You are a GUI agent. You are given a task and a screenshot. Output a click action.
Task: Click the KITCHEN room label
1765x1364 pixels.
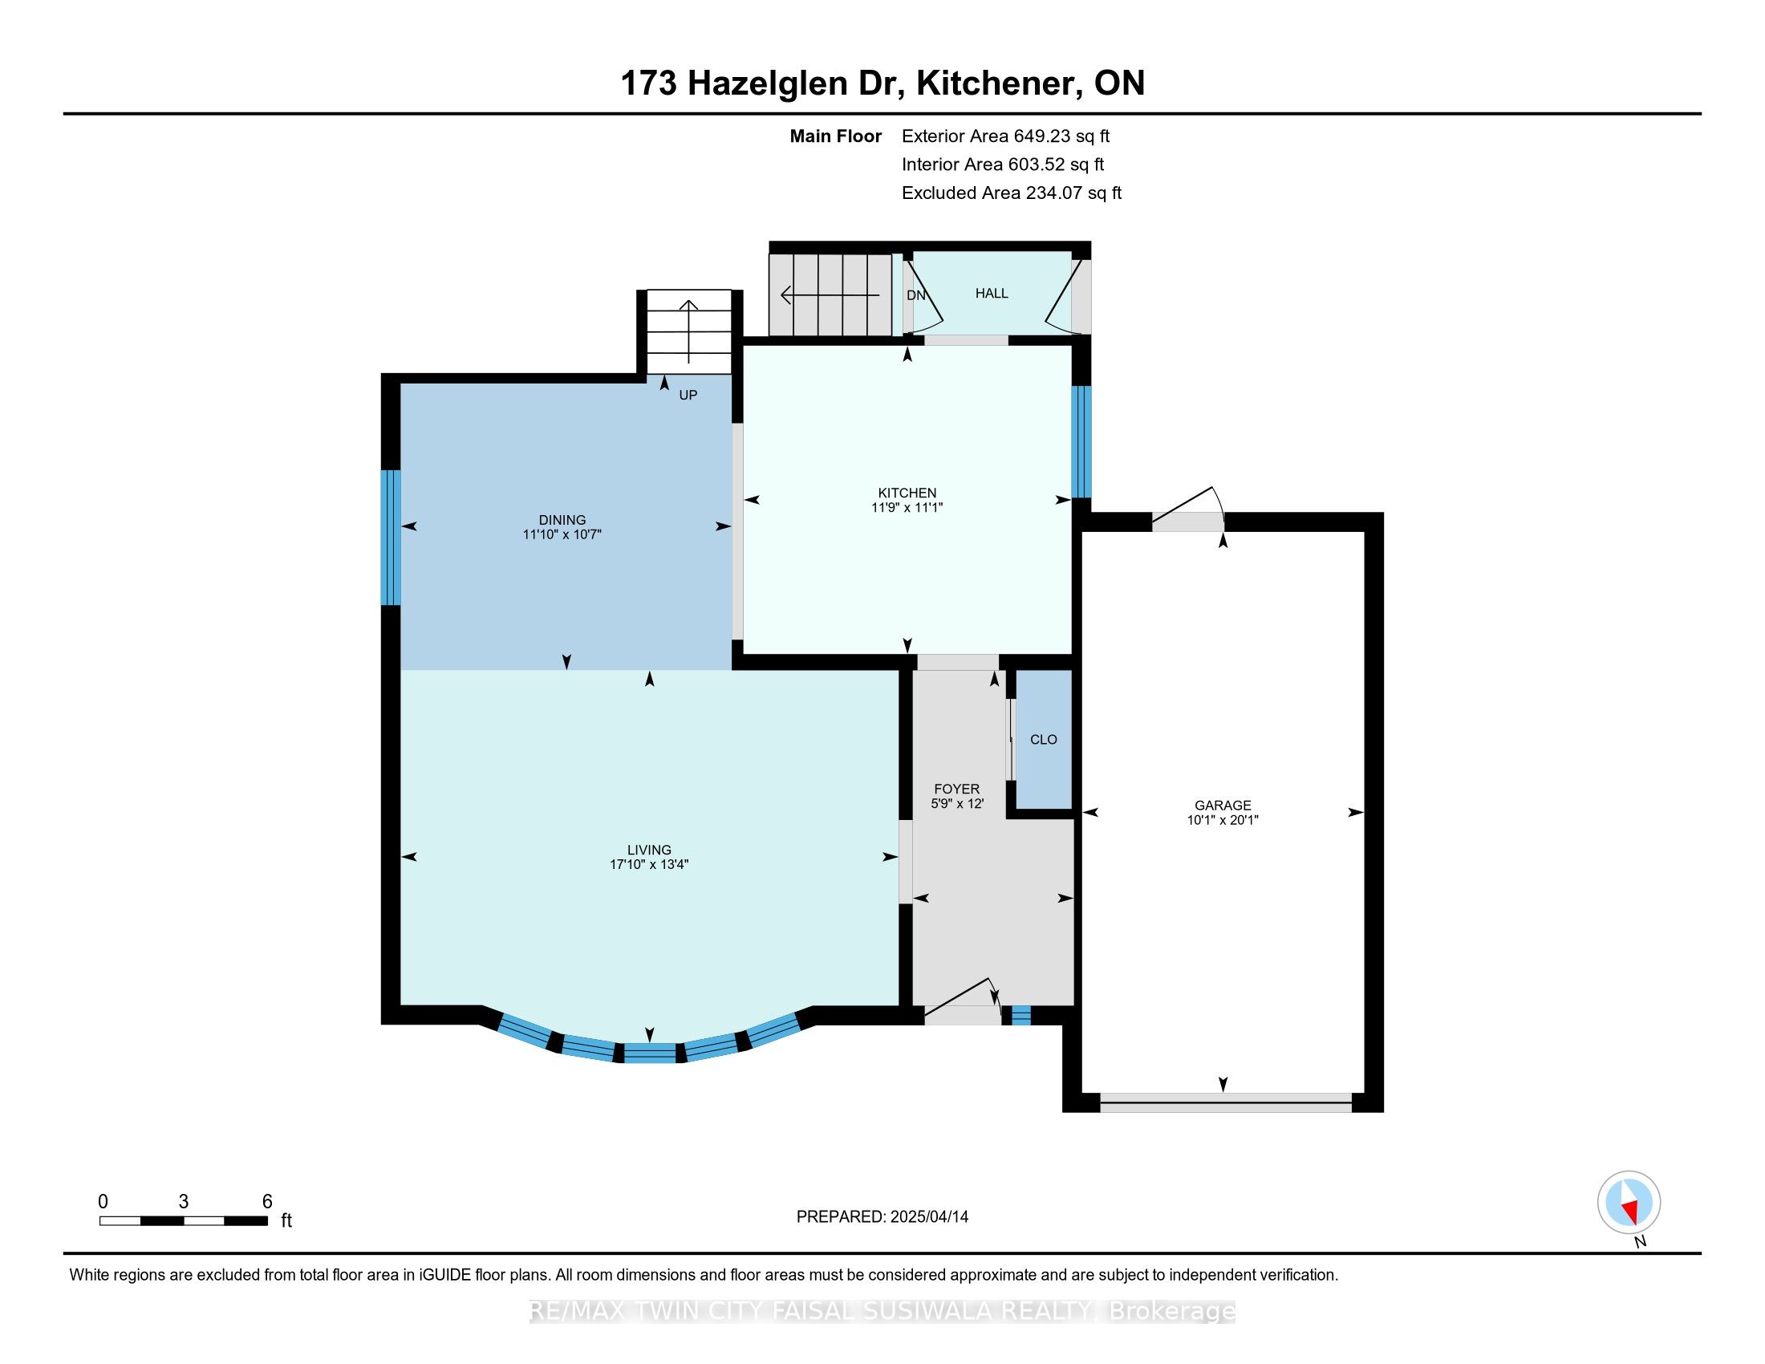coord(907,492)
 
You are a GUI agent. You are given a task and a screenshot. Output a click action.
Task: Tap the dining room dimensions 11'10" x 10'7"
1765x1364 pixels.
coord(562,534)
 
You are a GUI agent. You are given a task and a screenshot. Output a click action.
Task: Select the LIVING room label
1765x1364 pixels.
coord(649,849)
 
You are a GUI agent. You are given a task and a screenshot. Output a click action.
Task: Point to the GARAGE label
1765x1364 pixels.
coord(1222,805)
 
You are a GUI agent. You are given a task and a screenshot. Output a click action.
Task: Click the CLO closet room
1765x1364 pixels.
coord(1043,740)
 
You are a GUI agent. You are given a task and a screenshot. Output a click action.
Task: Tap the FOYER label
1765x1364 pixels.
coord(956,789)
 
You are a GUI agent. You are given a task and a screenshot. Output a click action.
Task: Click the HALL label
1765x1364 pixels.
coord(991,294)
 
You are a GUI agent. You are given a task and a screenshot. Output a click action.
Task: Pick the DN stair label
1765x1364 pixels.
coord(915,296)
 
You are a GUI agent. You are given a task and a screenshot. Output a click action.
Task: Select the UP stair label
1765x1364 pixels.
coord(688,395)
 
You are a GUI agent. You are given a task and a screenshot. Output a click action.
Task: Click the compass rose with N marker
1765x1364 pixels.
coord(1629,1202)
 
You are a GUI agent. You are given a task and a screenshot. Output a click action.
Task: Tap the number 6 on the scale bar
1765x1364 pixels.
coord(267,1202)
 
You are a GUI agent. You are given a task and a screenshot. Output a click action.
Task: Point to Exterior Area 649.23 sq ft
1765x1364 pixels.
coord(1005,136)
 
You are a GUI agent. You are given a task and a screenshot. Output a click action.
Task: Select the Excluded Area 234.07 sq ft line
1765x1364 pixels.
coord(1011,193)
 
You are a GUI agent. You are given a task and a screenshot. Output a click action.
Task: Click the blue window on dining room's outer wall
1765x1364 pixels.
coord(391,538)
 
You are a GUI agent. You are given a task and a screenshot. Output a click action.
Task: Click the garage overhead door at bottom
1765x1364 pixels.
coord(1225,1102)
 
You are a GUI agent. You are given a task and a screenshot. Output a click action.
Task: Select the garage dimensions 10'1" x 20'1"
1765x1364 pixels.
coord(1222,819)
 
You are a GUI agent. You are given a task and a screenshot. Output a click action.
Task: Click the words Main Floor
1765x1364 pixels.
coord(835,136)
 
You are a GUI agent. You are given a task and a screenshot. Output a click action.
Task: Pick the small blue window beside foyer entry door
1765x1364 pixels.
coord(1020,1015)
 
